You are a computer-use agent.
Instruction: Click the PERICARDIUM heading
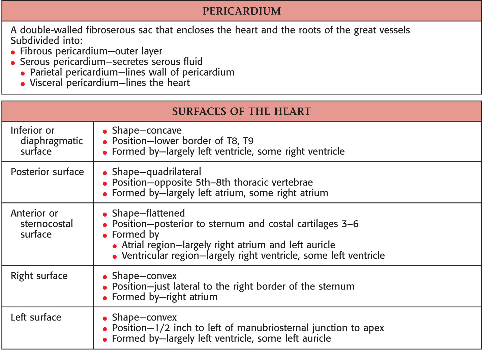click(x=241, y=11)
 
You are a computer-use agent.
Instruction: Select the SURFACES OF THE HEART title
click(x=241, y=111)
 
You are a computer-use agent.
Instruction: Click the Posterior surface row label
click(x=47, y=172)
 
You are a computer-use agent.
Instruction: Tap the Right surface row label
click(x=39, y=276)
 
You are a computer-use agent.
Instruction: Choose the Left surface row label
click(x=36, y=317)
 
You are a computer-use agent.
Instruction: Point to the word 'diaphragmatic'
click(x=52, y=141)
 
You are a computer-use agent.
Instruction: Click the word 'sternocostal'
click(x=47, y=224)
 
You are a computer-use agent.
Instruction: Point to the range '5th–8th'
click(x=213, y=183)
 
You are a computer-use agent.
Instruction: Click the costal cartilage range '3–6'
click(x=350, y=224)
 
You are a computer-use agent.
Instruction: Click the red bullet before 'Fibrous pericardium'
click(x=13, y=52)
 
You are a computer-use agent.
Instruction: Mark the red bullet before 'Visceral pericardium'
click(x=23, y=84)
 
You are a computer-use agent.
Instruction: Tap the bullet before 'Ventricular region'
click(x=115, y=257)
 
